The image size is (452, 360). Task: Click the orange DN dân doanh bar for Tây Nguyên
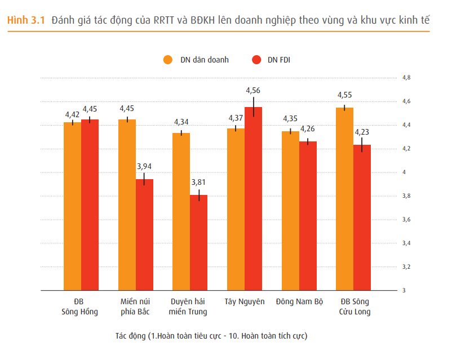(236, 209)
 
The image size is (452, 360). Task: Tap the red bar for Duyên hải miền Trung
(199, 242)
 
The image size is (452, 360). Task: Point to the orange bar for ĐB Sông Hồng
(72, 206)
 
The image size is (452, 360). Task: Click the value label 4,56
(253, 91)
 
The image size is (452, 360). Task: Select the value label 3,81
(199, 182)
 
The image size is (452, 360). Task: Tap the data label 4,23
(362, 132)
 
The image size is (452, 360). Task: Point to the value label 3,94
(144, 166)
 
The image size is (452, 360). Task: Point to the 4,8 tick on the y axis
(406, 78)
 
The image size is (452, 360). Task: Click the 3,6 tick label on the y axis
(406, 220)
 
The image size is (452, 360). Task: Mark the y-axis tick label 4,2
(406, 149)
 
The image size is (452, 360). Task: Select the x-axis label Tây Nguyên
(244, 301)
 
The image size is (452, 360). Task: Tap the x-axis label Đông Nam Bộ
(299, 301)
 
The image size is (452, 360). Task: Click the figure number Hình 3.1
(26, 20)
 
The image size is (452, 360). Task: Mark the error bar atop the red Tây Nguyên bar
(254, 106)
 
